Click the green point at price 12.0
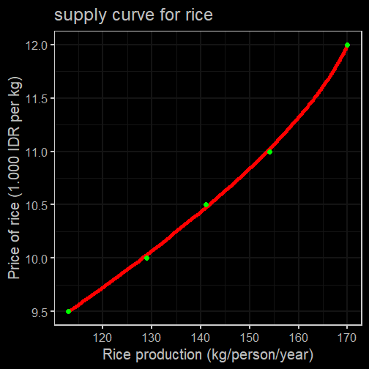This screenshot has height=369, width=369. [347, 45]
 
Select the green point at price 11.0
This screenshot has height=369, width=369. [269, 152]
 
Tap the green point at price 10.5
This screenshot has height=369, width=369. [206, 204]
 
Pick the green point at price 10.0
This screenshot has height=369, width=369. [146, 258]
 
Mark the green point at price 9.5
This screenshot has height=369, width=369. [69, 311]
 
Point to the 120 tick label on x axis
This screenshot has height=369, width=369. [102, 338]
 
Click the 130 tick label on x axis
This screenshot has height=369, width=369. [152, 338]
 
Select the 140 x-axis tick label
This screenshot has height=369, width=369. [201, 338]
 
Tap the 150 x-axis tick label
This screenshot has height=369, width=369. [250, 338]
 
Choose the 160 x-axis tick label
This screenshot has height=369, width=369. [298, 338]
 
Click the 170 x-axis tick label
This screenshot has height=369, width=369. [347, 338]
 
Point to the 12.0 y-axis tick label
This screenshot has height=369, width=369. [37, 45]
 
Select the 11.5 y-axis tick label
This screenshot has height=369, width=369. [37, 99]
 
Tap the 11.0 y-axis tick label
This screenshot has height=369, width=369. [37, 152]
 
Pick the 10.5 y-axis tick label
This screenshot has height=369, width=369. [37, 206]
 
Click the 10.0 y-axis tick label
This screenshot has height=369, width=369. [37, 259]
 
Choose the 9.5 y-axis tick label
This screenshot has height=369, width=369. [40, 313]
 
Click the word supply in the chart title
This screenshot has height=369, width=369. [81, 16]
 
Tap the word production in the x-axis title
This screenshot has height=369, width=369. [169, 355]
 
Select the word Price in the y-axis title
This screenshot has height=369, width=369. [14, 264]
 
